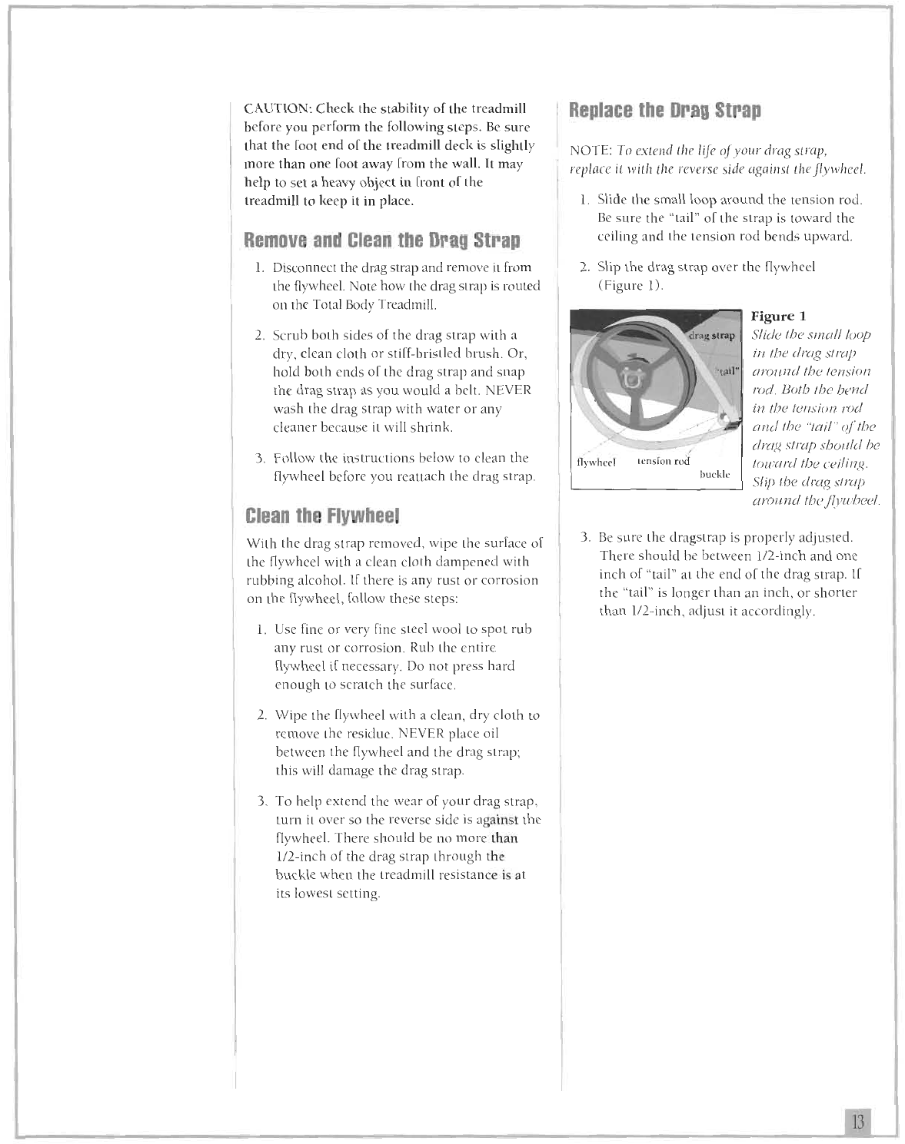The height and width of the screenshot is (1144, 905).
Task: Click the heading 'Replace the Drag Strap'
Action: (664, 110)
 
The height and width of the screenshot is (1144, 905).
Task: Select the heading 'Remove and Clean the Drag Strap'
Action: (381, 240)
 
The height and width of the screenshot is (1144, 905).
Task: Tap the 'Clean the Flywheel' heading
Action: (312, 515)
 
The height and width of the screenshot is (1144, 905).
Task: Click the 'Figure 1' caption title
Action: (778, 317)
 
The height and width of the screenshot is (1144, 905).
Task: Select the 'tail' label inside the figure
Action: (726, 371)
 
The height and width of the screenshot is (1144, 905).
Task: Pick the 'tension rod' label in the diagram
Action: (664, 462)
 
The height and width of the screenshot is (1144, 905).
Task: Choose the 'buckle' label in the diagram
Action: (714, 476)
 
